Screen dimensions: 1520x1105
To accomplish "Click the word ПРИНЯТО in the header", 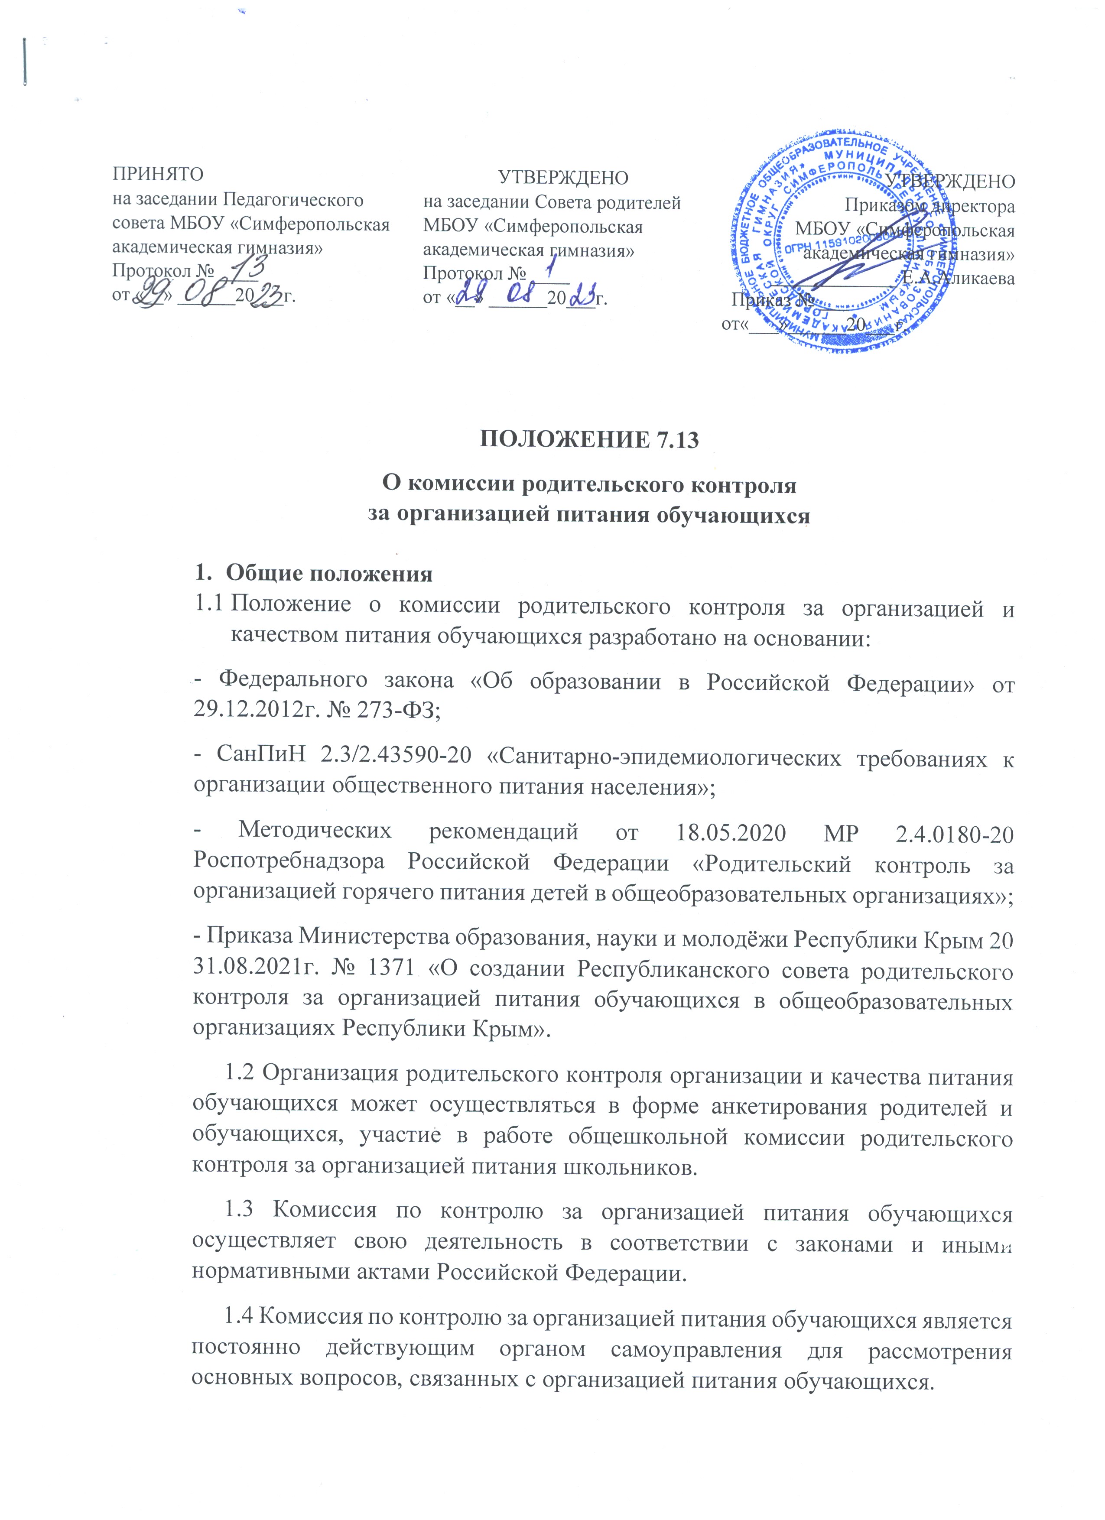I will (x=157, y=174).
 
